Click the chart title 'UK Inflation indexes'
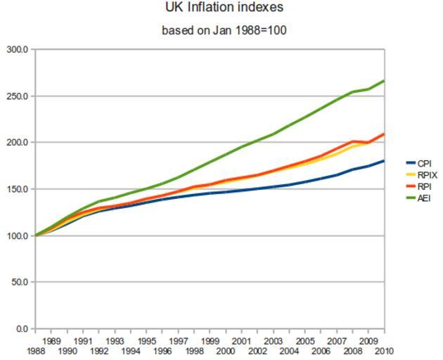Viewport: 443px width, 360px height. (224, 8)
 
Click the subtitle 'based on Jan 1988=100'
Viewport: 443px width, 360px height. (224, 30)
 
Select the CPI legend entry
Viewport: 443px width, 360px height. (424, 163)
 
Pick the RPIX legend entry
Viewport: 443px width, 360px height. (427, 175)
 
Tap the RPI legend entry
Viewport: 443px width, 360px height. (424, 186)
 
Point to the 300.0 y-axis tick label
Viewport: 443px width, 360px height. (18, 50)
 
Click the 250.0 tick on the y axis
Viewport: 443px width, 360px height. (18, 96)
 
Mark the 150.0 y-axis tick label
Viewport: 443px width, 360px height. (18, 189)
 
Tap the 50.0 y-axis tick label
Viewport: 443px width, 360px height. (19, 282)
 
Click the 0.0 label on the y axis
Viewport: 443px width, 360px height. (21, 328)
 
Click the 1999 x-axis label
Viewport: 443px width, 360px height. (210, 341)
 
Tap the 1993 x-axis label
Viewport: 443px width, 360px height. (115, 341)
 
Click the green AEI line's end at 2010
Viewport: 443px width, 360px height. (384, 81)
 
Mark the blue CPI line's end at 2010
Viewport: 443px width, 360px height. (384, 161)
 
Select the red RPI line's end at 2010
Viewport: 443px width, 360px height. (384, 134)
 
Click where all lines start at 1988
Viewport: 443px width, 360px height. (35, 236)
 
